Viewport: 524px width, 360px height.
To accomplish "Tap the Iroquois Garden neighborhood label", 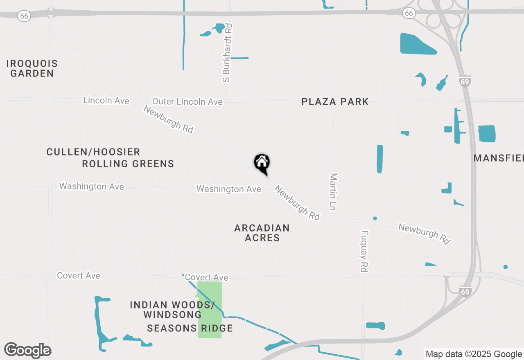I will tap(32, 69).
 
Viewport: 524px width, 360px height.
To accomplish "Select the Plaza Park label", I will tap(335, 101).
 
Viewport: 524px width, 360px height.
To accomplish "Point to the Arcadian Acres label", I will tap(262, 233).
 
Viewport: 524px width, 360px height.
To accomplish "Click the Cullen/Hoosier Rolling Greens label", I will tap(111, 158).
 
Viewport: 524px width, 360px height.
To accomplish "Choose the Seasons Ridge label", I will tap(190, 328).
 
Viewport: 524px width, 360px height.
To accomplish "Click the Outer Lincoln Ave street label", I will tap(187, 101).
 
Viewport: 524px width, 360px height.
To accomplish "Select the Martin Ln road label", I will tap(333, 191).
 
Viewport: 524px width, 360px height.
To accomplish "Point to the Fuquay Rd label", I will tap(364, 251).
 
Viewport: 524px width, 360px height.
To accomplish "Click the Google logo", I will tap(28, 351).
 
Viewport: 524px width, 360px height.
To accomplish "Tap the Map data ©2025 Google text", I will tap(474, 354).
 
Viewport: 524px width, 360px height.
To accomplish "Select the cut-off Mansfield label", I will tap(499, 158).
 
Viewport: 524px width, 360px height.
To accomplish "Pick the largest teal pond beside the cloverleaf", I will tap(418, 44).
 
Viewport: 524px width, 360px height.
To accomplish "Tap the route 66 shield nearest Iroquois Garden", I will tap(25, 16).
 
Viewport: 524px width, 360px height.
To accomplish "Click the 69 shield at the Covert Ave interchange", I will tap(465, 292).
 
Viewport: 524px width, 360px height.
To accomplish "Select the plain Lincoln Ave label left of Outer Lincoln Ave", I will tap(106, 100).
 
